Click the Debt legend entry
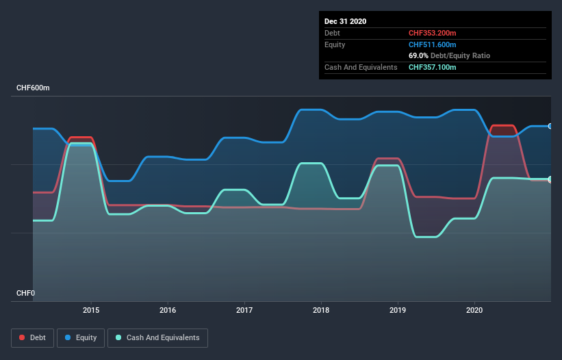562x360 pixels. pos(31,337)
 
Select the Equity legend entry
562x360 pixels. pos(81,337)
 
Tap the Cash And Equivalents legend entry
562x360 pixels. pos(157,337)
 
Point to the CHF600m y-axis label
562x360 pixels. pos(33,88)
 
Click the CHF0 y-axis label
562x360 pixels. pos(26,294)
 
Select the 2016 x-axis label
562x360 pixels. pos(168,310)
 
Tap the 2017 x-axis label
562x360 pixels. pos(244,310)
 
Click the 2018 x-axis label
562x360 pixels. pos(321,310)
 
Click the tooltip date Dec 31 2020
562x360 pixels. pos(345,21)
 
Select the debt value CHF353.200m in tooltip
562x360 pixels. pos(433,33)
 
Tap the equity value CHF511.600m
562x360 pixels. pos(433,44)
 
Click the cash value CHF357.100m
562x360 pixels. pos(433,67)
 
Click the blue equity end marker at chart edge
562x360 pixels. pos(550,126)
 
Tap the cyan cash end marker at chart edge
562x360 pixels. pos(550,179)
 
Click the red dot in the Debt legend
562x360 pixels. pos(23,337)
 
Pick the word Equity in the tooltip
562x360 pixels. pos(335,44)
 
